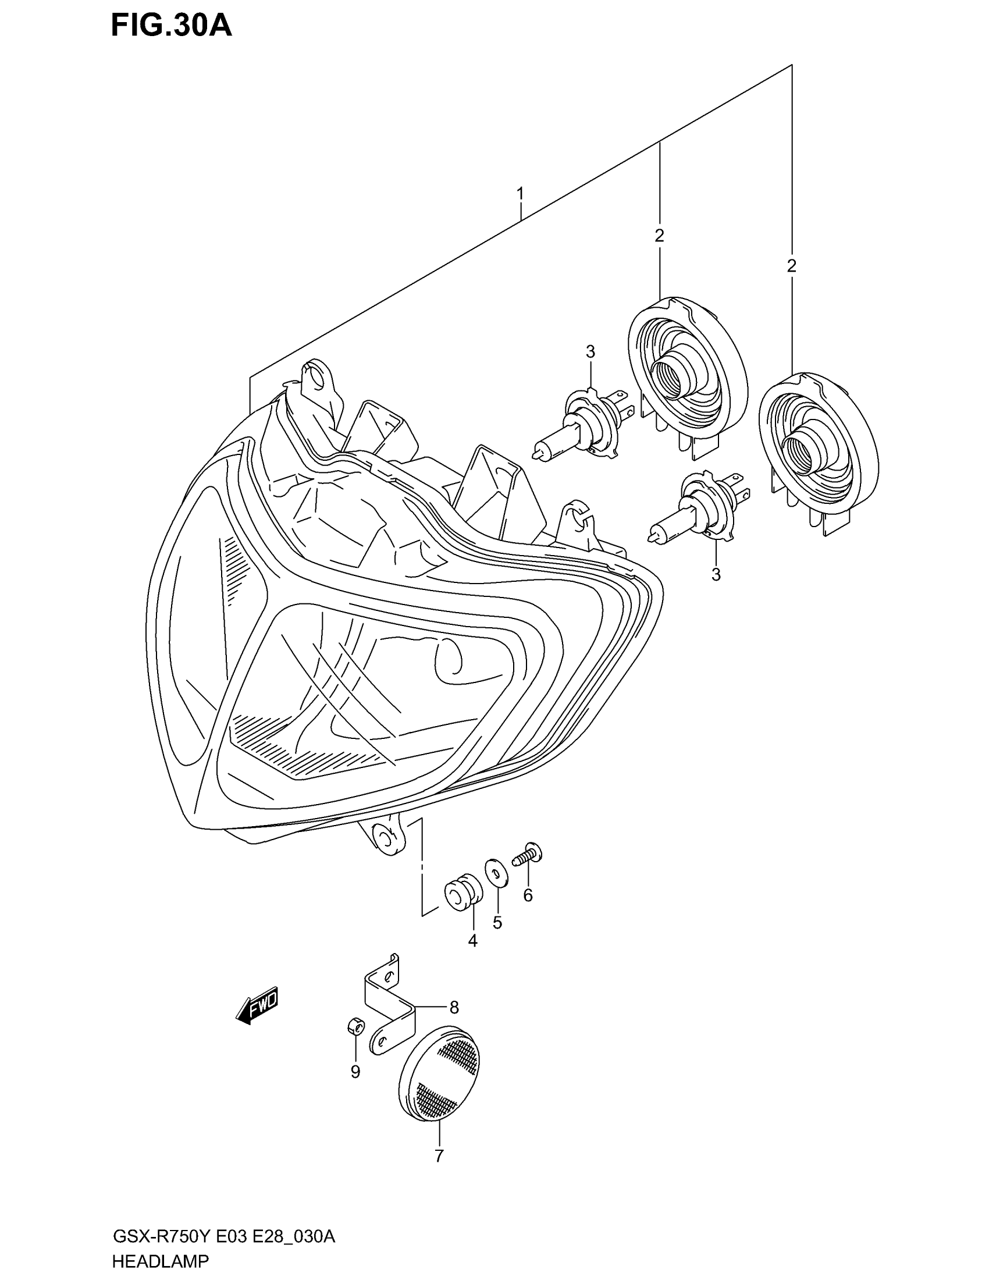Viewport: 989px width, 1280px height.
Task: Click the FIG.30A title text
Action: (171, 26)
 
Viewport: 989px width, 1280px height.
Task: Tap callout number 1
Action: (520, 193)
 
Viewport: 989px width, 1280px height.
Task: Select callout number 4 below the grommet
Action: (472, 941)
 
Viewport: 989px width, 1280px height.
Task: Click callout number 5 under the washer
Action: (497, 923)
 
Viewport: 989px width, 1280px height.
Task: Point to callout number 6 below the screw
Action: (528, 895)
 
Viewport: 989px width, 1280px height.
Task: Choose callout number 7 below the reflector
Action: (439, 1155)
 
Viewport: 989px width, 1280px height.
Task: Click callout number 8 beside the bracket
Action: (454, 1007)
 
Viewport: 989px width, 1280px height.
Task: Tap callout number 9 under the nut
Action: (355, 1071)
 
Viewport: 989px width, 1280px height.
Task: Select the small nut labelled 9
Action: (354, 1041)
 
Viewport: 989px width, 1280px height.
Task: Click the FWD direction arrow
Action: (257, 1006)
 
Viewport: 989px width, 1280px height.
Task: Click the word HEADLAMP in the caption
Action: (160, 1260)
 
